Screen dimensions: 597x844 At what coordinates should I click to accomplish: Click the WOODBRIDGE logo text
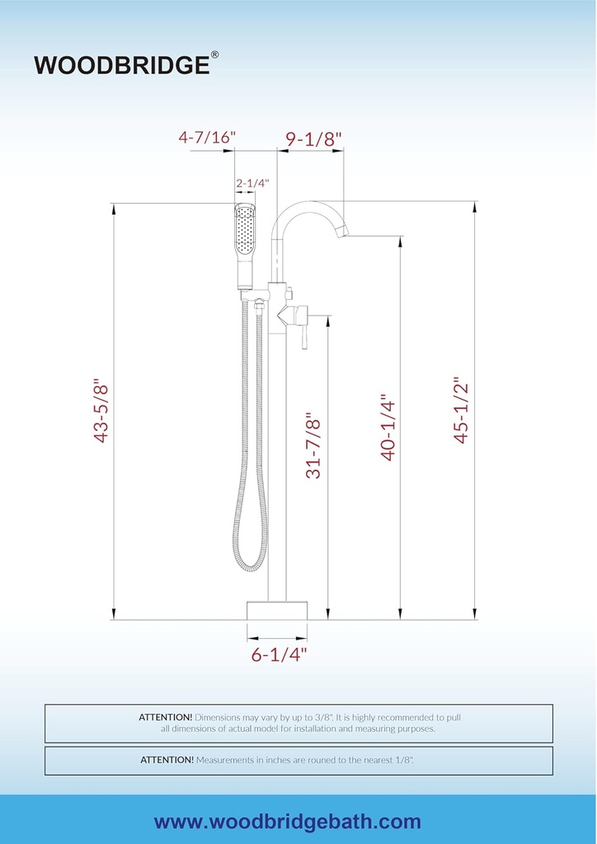pyautogui.click(x=122, y=64)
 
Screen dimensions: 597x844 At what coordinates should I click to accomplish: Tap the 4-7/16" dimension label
pyautogui.click(x=207, y=138)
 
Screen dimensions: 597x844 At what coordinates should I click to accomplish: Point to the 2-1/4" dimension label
pyautogui.click(x=252, y=183)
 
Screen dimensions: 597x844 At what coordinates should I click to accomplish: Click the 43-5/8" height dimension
pyautogui.click(x=101, y=413)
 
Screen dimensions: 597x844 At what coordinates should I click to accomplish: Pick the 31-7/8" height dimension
pyautogui.click(x=313, y=446)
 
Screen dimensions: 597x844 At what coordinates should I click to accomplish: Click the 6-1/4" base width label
pyautogui.click(x=279, y=654)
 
